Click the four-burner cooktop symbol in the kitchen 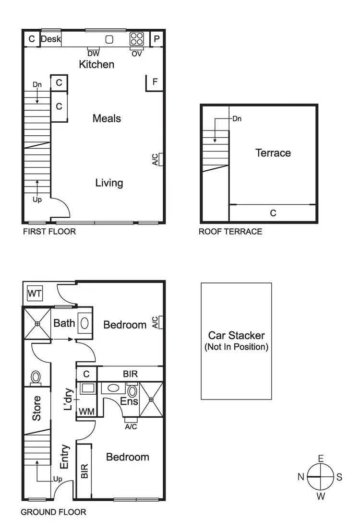pos(136,39)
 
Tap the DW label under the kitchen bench pos(94,54)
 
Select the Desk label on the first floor pos(51,39)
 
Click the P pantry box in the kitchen pos(156,39)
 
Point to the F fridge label pos(155,82)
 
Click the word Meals pos(107,118)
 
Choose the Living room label pos(109,183)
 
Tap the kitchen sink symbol pos(109,39)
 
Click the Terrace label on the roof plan pos(273,153)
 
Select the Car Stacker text pos(236,336)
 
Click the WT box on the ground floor pos(34,293)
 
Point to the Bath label pos(64,323)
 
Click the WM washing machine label pos(86,412)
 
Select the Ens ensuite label pos(129,401)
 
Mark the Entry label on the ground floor pos(65,457)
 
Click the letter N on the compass pos(301,477)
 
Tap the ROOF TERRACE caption pos(230,232)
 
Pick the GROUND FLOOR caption pos(53,512)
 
